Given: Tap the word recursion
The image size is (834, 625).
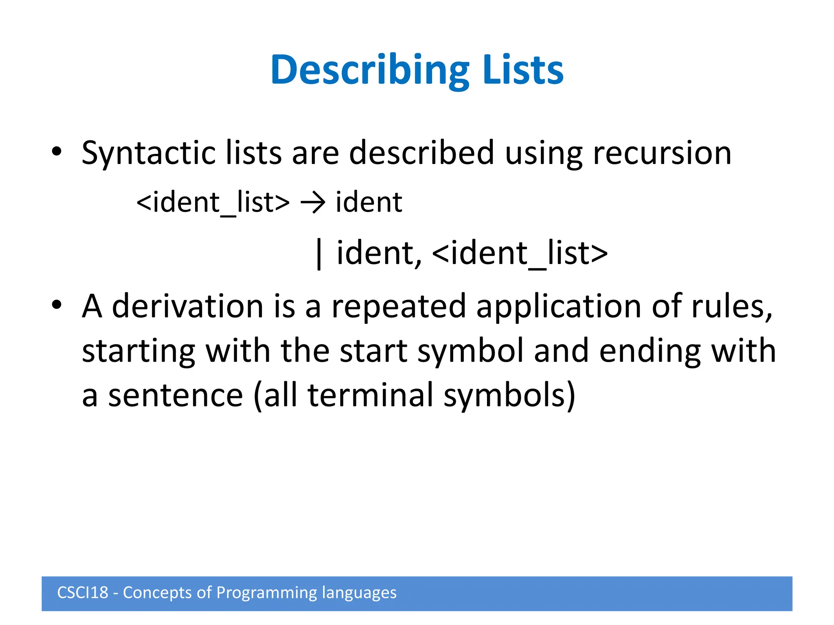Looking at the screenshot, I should click(x=662, y=153).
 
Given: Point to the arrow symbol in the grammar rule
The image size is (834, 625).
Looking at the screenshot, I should click(x=313, y=202).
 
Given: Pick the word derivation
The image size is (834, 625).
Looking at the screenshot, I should click(x=188, y=306).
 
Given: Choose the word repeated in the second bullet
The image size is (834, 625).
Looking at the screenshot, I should click(x=399, y=306).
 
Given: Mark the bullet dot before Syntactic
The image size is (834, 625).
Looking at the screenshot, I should click(x=57, y=151).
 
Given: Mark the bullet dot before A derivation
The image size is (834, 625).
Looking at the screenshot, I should click(x=57, y=304).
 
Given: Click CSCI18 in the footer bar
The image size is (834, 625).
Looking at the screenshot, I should click(x=83, y=593).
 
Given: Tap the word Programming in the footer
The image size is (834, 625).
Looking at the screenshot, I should click(x=266, y=593).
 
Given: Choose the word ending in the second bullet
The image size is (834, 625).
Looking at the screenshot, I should click(x=650, y=351).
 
